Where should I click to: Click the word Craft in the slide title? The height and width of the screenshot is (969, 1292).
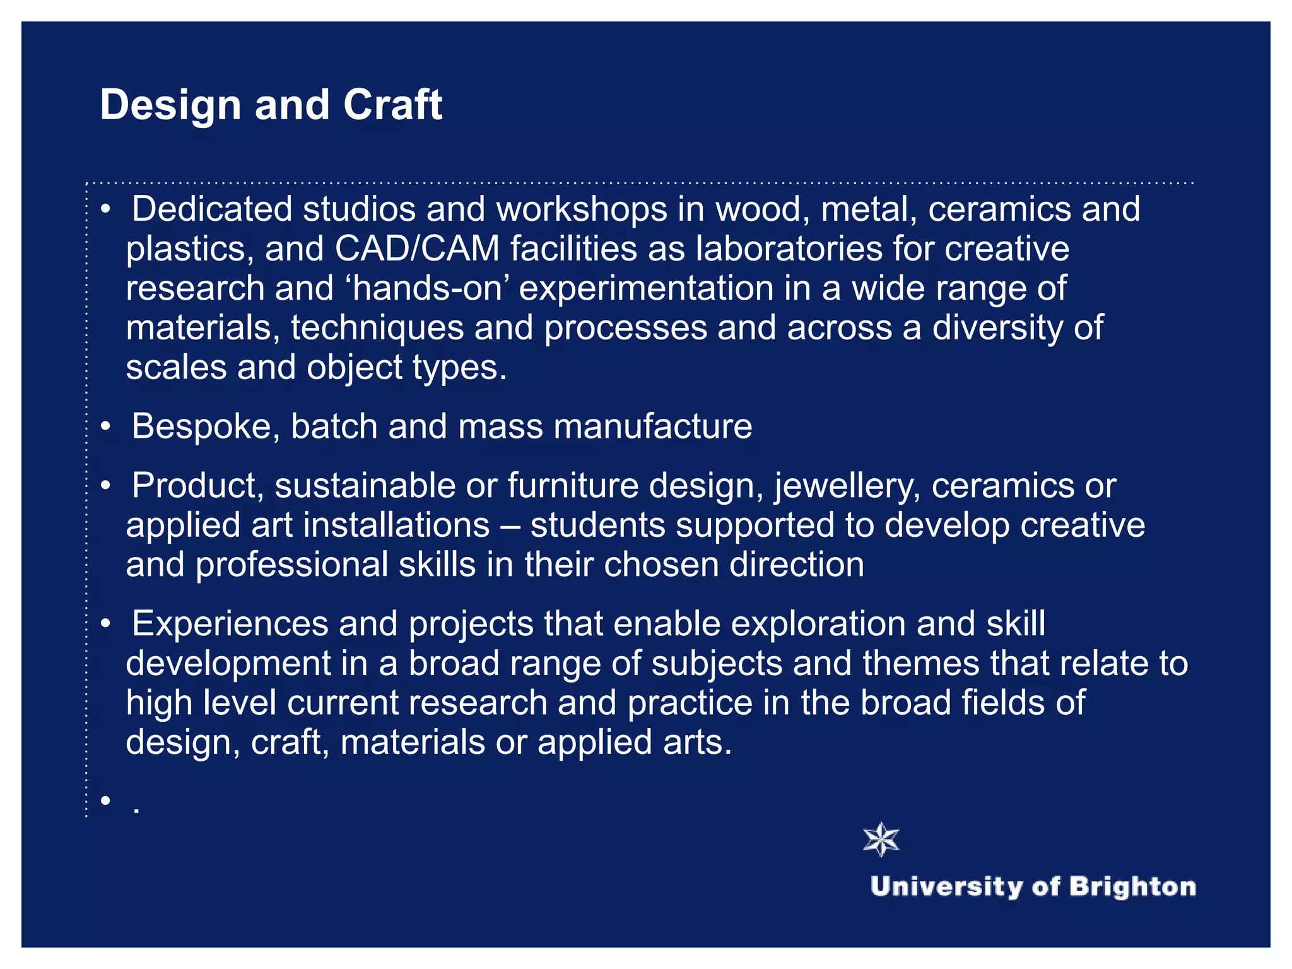(392, 104)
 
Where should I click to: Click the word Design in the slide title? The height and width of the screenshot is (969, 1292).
(170, 105)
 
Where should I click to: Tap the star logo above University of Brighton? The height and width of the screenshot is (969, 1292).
(881, 840)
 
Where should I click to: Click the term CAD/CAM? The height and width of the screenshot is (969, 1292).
(417, 249)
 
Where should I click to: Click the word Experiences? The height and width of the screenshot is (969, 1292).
(230, 624)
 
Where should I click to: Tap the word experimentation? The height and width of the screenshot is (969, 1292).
(646, 288)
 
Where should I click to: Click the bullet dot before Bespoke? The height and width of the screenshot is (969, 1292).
(105, 426)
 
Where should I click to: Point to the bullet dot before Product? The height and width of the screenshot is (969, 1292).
(105, 486)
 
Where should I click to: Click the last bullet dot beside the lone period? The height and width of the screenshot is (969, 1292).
(105, 801)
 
